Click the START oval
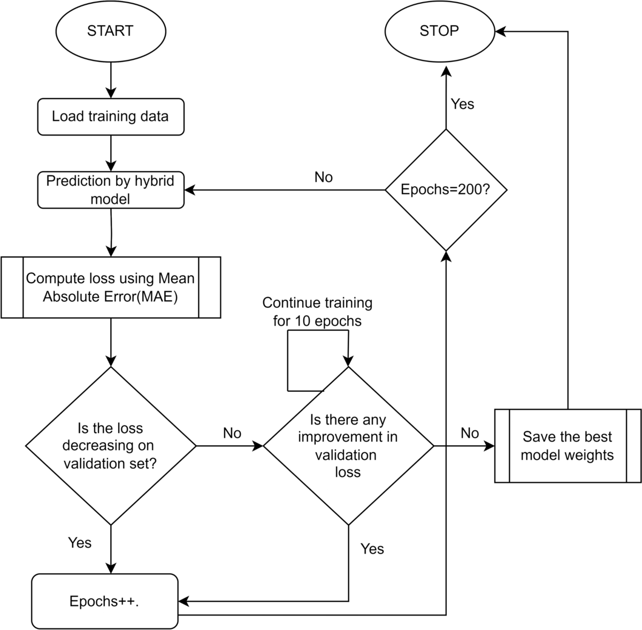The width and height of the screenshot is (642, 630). tap(110, 31)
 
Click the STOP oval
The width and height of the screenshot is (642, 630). tap(439, 31)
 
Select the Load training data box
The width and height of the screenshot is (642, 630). tap(110, 116)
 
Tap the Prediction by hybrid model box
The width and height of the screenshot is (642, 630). tap(110, 190)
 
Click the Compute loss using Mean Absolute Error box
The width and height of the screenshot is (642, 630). tap(110, 287)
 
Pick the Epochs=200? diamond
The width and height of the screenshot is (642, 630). tap(446, 189)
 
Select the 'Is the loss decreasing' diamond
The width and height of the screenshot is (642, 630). tap(110, 445)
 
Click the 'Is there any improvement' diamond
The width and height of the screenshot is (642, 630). tap(348, 445)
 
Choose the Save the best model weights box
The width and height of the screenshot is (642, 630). tap(568, 446)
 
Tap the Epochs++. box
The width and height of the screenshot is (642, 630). tap(104, 601)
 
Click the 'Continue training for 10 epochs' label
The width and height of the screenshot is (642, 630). tap(317, 312)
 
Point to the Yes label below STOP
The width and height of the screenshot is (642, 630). tap(462, 104)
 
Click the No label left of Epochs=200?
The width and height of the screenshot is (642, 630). tap(323, 177)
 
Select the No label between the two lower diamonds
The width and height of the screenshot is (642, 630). tap(232, 433)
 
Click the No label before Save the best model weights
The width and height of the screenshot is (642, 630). tap(469, 433)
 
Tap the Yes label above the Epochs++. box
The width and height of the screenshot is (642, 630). tap(80, 543)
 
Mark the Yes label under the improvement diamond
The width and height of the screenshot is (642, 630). tap(372, 549)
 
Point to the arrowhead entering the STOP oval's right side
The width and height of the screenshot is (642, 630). tap(500, 32)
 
